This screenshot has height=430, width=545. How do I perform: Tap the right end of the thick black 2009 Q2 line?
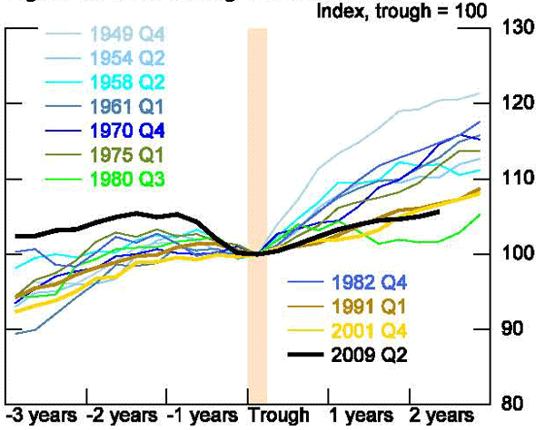[x=440, y=212]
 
